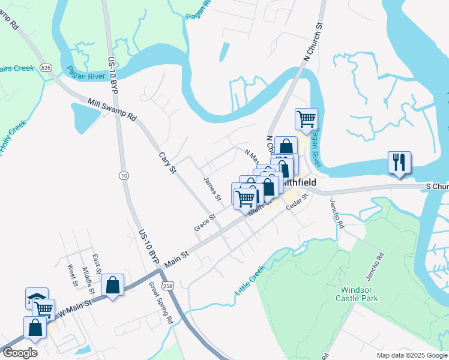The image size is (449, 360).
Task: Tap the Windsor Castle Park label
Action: point(360,293)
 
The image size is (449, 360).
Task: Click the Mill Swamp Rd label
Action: point(112,110)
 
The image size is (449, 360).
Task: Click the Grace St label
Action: point(205,223)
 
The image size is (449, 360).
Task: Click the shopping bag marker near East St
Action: point(112,285)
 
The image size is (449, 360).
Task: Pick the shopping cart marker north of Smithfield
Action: point(306,119)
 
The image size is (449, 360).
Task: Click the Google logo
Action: point(19,353)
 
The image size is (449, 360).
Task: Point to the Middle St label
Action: point(88,281)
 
